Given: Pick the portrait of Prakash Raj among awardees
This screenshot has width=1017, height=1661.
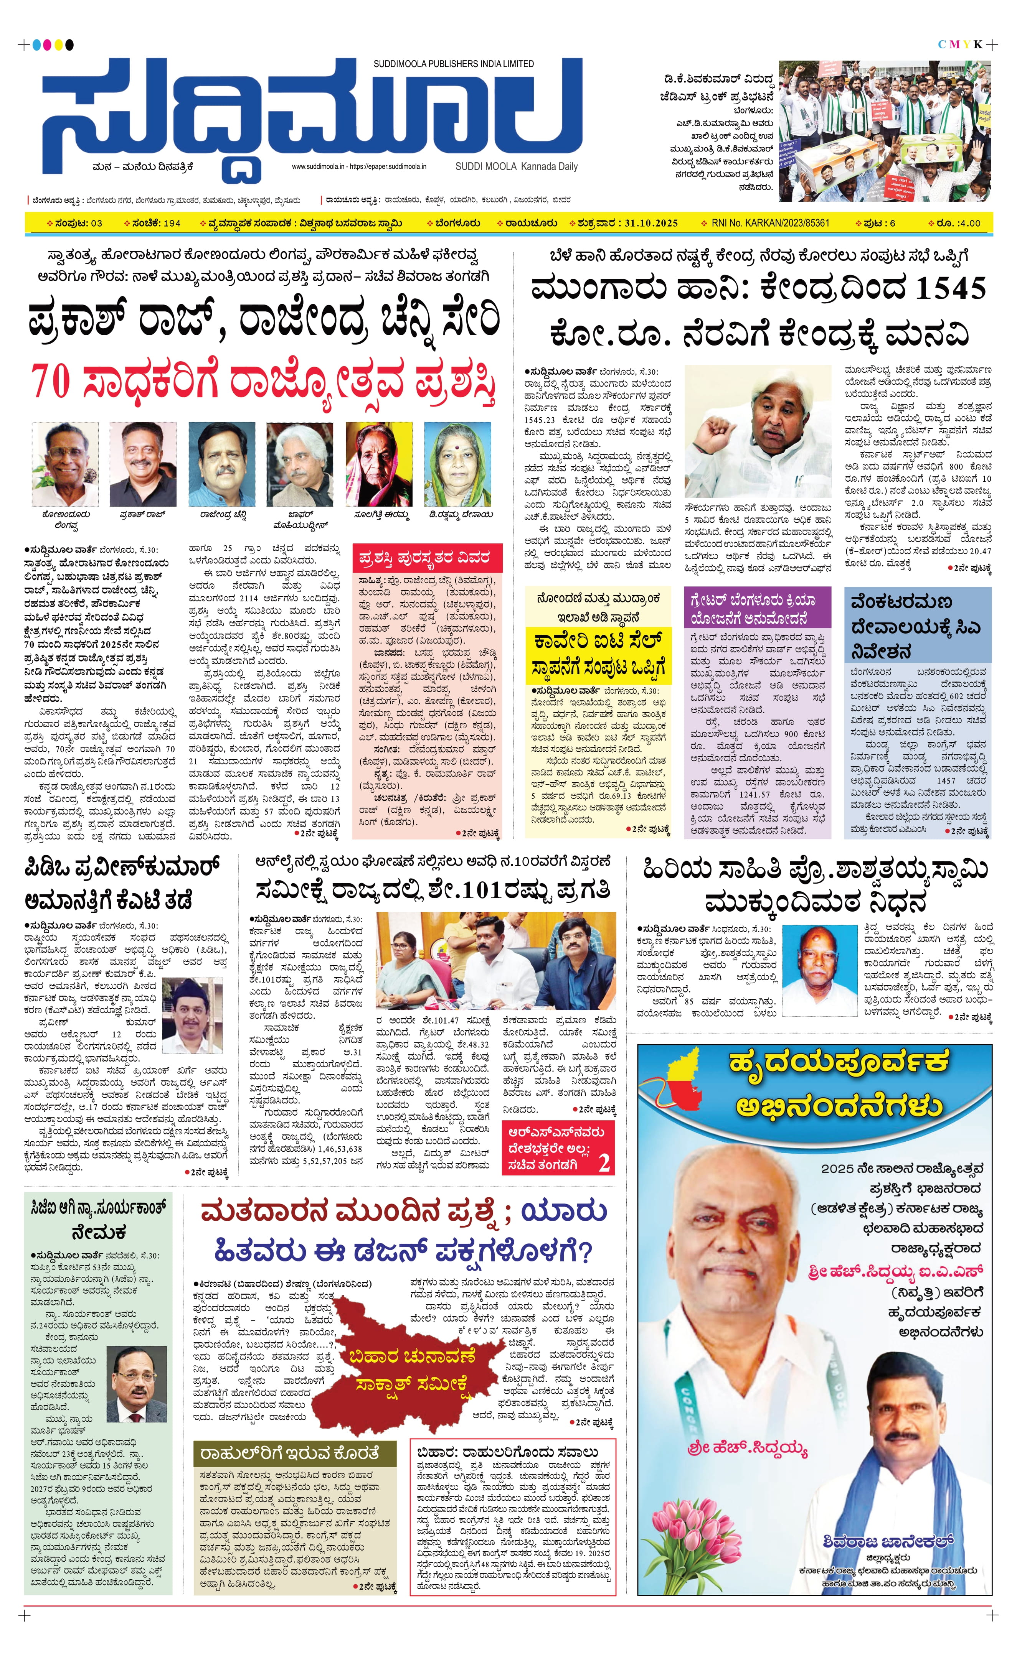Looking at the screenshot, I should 143,464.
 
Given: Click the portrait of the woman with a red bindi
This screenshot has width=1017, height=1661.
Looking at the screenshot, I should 457,464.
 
